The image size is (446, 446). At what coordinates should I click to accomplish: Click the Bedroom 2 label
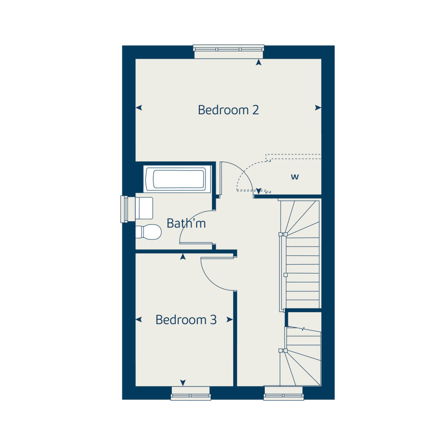coord(228,110)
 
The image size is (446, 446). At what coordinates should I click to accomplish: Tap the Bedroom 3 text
coord(186,320)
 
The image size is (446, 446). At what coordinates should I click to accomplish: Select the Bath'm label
coord(186,223)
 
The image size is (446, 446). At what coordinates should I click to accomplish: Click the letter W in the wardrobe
coord(295,177)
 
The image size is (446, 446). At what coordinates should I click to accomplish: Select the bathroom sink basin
coord(144,208)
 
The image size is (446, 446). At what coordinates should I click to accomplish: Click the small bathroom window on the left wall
coord(124,209)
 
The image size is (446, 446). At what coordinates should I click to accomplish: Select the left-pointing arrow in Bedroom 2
coord(139,108)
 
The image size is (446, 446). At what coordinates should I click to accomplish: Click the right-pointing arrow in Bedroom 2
coord(318,108)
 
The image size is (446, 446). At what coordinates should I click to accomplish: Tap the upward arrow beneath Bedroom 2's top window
coord(259,63)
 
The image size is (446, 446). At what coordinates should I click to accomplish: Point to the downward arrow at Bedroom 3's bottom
coord(183,382)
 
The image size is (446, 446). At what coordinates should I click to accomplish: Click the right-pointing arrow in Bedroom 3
coord(230,320)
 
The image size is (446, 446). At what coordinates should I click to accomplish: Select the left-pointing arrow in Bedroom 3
coord(139,320)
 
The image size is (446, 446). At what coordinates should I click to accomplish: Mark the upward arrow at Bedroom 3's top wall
coord(183,257)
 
